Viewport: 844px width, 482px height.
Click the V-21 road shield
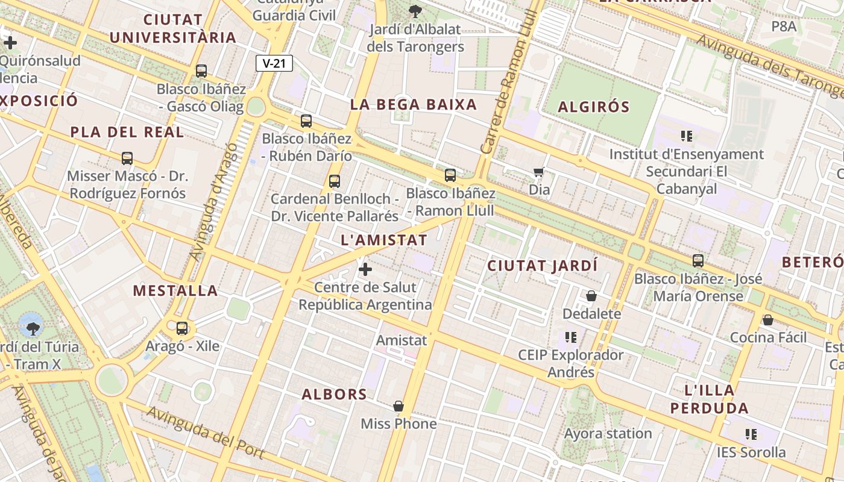(x=274, y=63)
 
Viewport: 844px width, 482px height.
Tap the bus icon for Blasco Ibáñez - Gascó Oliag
(x=201, y=71)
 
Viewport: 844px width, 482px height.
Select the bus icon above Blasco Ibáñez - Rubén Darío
(x=306, y=121)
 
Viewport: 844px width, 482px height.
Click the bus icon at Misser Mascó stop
(x=127, y=158)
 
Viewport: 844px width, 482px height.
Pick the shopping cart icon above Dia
(x=539, y=172)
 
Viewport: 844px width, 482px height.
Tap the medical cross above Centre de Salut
(x=365, y=269)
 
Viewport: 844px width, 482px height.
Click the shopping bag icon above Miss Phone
(x=398, y=406)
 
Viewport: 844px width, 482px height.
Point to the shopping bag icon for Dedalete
(x=591, y=296)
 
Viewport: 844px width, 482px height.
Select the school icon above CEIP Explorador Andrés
(x=571, y=337)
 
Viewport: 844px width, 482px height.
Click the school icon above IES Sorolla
(x=751, y=434)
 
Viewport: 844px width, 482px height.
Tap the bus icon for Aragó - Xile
(x=182, y=328)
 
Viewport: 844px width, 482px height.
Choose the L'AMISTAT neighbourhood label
(x=384, y=240)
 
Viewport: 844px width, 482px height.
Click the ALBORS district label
(x=335, y=395)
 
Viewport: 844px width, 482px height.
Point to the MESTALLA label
(x=175, y=291)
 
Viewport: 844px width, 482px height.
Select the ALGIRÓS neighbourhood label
(x=594, y=107)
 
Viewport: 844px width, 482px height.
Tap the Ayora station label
(x=608, y=433)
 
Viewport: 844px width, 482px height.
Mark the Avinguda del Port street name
(x=205, y=431)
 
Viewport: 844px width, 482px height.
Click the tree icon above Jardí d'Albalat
(x=415, y=10)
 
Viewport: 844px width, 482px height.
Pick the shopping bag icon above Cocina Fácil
(x=768, y=319)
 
